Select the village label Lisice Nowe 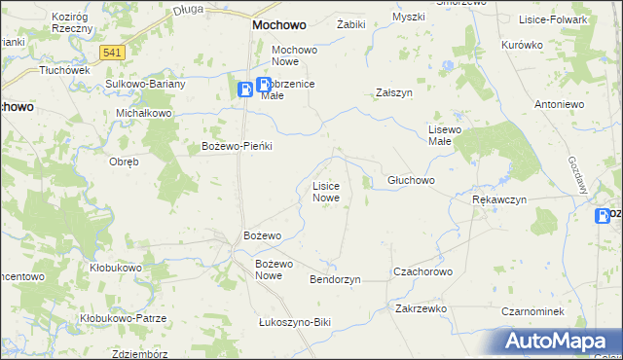325,191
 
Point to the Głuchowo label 411,181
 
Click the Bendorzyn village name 335,279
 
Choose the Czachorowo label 422,271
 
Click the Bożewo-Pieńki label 236,146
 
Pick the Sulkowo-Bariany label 146,84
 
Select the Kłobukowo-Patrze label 124,318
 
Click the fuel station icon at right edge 605,216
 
